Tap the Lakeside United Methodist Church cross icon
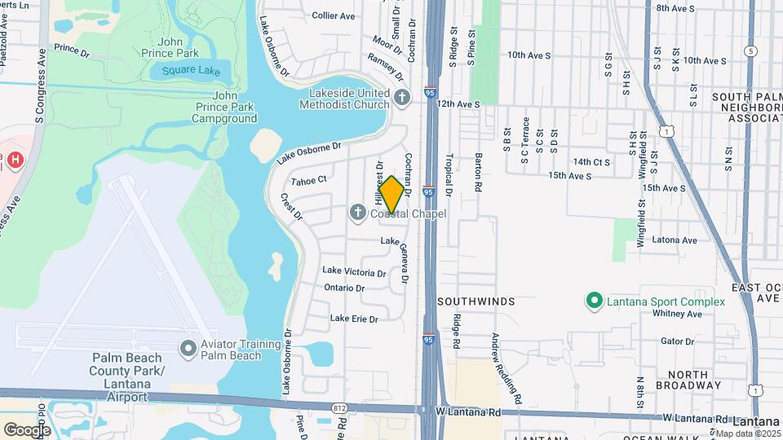point(401,99)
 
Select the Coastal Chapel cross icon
point(357,213)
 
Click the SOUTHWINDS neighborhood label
point(476,301)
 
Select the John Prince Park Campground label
point(224,112)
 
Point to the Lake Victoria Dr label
point(354,271)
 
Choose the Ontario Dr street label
point(343,288)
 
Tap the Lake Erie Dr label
point(354,319)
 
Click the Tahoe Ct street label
point(308,179)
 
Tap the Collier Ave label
point(334,15)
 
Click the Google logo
point(27,429)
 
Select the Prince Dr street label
point(72,50)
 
